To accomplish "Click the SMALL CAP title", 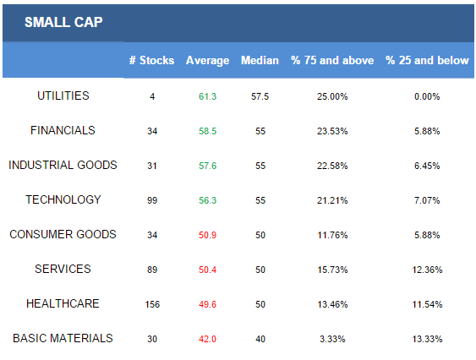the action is pos(63,22).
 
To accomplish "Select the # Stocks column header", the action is pos(152,60).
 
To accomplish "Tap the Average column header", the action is pos(208,61).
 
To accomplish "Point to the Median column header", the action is pos(260,60).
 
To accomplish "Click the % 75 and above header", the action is pos(332,60).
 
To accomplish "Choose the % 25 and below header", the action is pos(427,60).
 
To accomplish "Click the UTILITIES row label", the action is pos(63,96).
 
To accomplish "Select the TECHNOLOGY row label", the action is pos(63,199).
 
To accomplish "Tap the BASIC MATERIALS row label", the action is pos(63,338).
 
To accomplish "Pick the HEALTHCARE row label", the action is pos(63,303).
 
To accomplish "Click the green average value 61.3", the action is pos(208,96).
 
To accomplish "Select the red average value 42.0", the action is pos(208,339).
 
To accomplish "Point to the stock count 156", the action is pos(152,304).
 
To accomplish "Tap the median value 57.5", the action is pos(260,96).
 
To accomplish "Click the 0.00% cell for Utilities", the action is pos(427,96).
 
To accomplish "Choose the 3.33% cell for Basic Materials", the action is pos(332,339).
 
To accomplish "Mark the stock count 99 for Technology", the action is pos(152,200).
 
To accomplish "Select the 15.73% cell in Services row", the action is pos(332,270).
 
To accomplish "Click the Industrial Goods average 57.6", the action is pos(208,166).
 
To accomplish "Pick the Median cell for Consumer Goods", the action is pos(260,235).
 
